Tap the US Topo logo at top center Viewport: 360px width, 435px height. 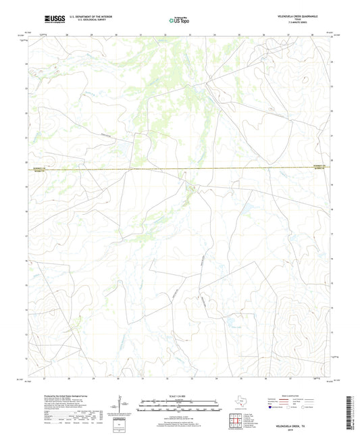click(x=178, y=21)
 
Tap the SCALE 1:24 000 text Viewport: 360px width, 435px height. click(x=179, y=395)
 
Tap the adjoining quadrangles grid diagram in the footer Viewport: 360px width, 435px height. click(x=236, y=421)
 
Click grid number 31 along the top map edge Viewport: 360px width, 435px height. click(x=140, y=33)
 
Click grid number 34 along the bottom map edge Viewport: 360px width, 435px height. click(x=217, y=379)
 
